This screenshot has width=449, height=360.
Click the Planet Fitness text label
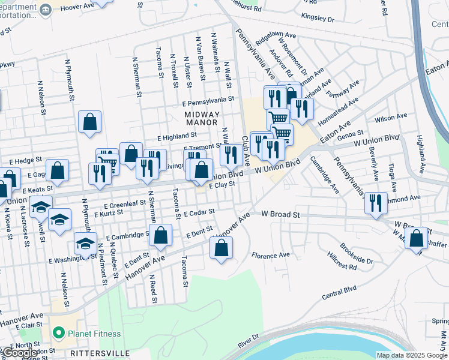[x=94, y=334]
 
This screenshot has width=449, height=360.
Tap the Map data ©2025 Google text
[x=412, y=355]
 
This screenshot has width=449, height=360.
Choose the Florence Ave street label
[x=271, y=255]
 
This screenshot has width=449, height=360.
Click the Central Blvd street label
[x=339, y=292]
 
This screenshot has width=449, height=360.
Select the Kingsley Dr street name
[x=318, y=18]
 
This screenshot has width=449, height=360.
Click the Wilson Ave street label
[x=391, y=116]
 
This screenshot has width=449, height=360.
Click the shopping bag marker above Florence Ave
[x=221, y=248]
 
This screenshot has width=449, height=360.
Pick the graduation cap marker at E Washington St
[x=85, y=244]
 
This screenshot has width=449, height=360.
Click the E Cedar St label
[x=199, y=213]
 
